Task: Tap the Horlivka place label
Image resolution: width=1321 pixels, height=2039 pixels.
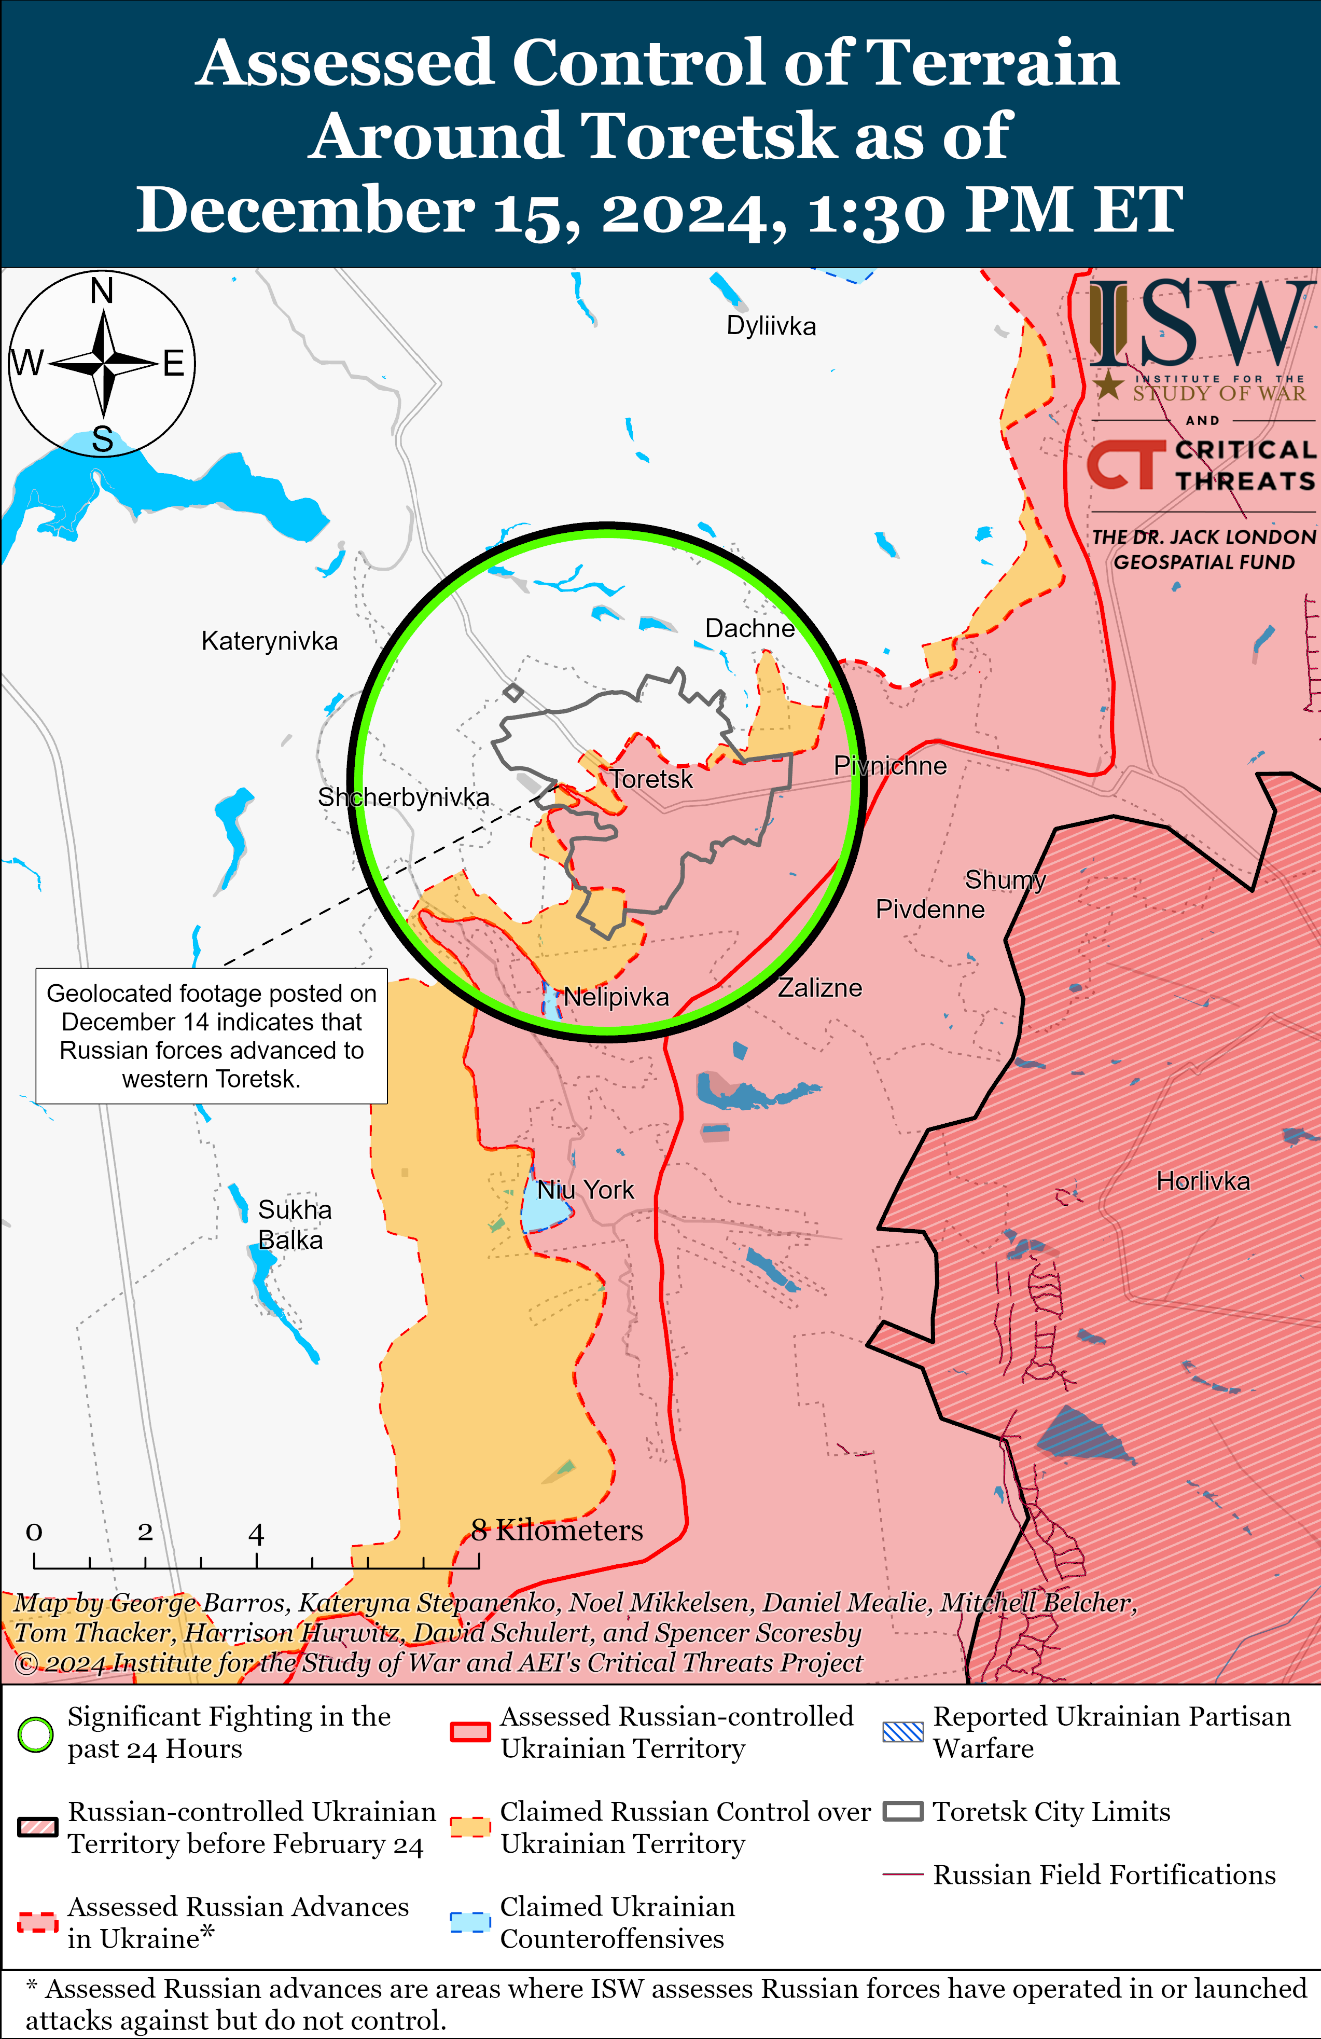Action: coord(1203,1181)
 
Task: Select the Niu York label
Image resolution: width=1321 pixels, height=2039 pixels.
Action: coord(586,1190)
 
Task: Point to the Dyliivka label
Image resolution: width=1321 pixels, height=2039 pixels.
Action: coord(771,326)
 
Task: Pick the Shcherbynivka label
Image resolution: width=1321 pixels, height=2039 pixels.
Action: coord(404,797)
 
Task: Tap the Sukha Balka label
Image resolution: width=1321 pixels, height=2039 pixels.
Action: coord(294,1225)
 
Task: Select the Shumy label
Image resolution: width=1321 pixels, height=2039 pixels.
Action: coord(1005,880)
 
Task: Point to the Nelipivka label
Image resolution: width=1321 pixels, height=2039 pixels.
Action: coord(616,997)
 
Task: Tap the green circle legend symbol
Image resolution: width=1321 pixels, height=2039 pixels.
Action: coord(36,1735)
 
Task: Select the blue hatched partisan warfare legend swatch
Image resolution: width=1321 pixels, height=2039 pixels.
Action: coord(903,1732)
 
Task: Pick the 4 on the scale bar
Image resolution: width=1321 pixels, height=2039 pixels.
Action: coord(255,1534)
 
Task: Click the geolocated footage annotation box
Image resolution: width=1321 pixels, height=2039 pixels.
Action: coord(212,1036)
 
